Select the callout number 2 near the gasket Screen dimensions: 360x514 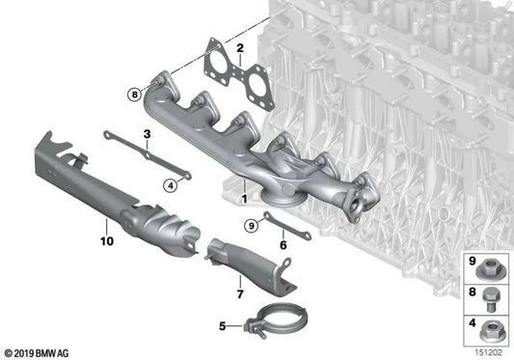(240, 46)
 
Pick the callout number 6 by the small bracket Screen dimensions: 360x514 (284, 245)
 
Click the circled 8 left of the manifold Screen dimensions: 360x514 (133, 94)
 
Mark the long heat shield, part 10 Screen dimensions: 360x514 (106, 188)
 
